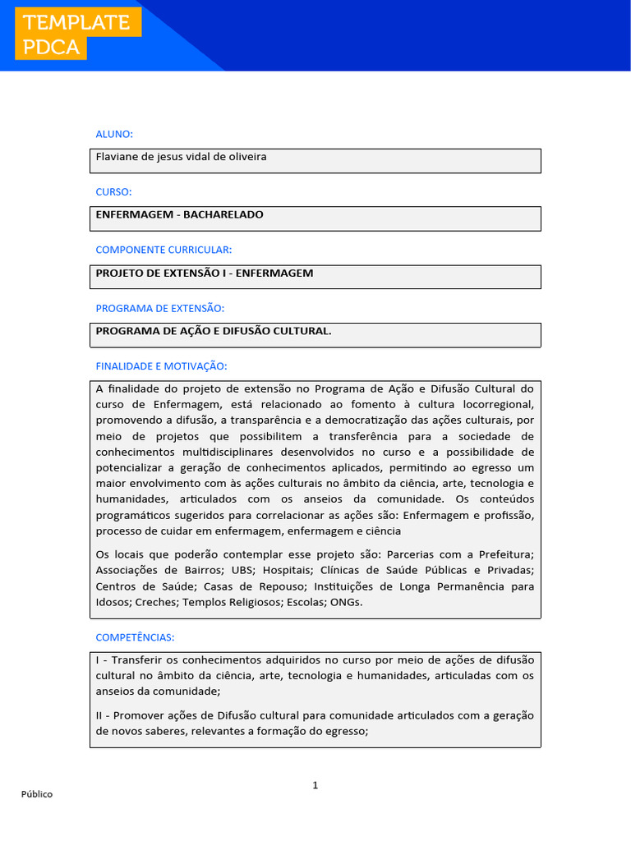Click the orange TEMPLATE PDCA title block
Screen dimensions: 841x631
coord(77,34)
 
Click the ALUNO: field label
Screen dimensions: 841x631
coord(114,134)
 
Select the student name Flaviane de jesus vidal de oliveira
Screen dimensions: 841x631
coord(181,157)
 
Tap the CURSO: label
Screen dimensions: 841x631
coord(113,191)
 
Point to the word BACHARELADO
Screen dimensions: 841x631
coord(223,214)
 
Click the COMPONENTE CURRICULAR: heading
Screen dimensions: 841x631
coord(164,250)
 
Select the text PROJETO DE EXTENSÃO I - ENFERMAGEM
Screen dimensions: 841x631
coord(205,273)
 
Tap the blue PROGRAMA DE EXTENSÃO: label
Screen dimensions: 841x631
coord(159,308)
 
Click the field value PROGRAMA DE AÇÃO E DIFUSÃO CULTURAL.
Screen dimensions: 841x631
coord(214,331)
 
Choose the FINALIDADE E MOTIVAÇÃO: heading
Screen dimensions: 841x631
coord(161,365)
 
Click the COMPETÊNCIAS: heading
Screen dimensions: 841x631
coord(135,637)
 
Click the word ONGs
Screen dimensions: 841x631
coord(345,602)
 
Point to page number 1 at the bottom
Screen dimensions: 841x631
coord(315,785)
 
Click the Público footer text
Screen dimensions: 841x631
coord(37,794)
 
